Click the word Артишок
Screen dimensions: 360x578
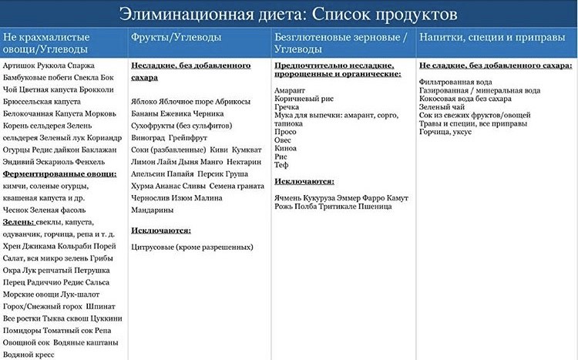coord(20,66)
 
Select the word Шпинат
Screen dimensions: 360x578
coord(106,306)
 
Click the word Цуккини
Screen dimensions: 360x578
coord(106,318)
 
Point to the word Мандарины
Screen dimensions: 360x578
coord(153,210)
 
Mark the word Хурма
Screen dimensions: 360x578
coord(143,185)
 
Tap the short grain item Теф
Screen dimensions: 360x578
coord(281,163)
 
